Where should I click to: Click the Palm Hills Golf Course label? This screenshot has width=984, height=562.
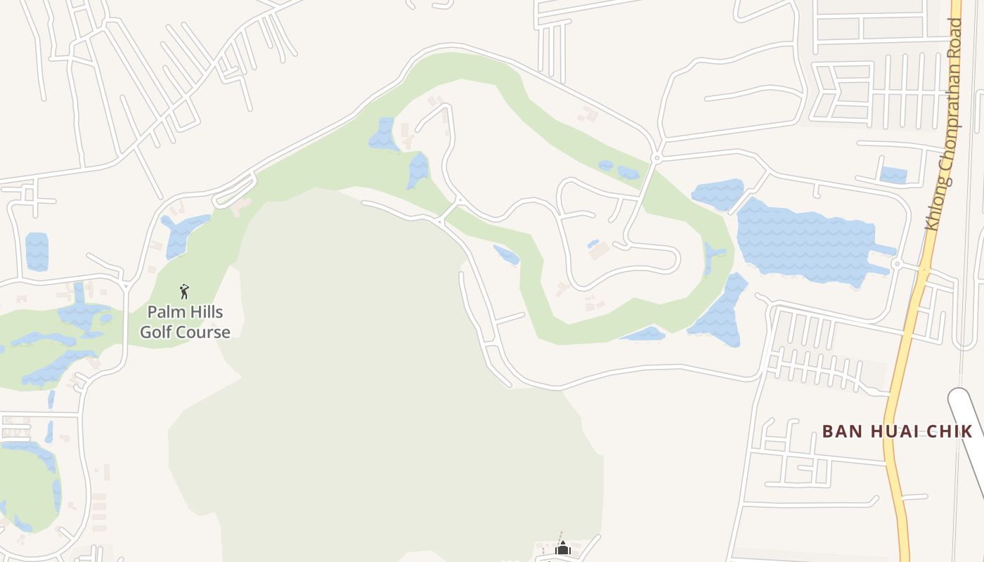coord(185,322)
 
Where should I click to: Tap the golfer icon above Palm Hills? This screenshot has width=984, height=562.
coord(184,292)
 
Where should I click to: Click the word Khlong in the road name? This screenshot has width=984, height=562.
coord(936,206)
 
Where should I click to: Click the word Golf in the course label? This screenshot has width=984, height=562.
coord(158,332)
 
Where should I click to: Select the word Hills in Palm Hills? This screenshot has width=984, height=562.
coord(206,311)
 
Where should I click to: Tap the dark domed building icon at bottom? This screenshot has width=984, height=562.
coord(562,547)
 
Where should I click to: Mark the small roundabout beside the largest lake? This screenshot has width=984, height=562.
coord(896,264)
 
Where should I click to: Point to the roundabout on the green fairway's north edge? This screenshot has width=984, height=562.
coord(656,158)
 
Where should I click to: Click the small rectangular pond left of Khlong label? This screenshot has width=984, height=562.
coord(893,174)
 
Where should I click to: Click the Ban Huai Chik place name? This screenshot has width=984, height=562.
coord(897,431)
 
